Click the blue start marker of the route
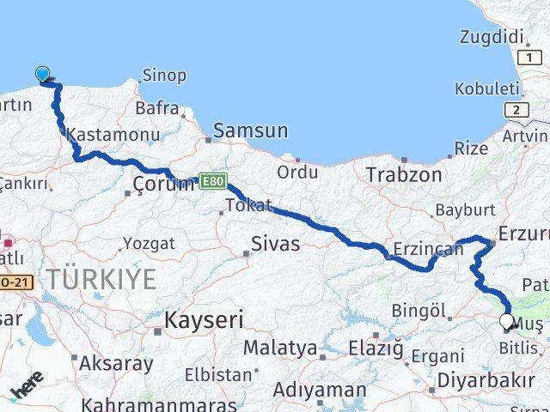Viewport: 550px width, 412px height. (x=42, y=75)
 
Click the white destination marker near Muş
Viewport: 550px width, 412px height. (x=506, y=322)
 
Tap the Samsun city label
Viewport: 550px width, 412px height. (x=250, y=130)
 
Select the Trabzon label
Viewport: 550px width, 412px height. (x=403, y=175)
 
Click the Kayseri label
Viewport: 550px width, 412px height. (x=203, y=321)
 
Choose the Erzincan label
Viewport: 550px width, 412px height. (x=427, y=250)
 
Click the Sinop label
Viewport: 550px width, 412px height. (x=163, y=76)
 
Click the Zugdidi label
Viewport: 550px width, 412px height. (x=491, y=37)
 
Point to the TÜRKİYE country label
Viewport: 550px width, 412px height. (x=101, y=279)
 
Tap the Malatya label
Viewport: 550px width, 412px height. (x=279, y=348)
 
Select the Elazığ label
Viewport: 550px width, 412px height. (x=375, y=349)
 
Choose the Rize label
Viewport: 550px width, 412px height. (x=470, y=148)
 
